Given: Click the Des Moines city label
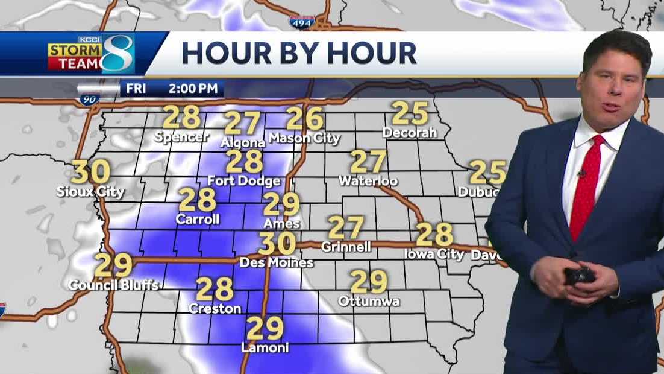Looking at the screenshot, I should [277, 262].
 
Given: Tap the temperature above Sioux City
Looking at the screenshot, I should [91, 172].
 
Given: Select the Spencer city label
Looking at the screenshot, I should [181, 137].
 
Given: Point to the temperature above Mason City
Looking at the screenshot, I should [305, 118].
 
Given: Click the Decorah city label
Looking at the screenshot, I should [409, 132].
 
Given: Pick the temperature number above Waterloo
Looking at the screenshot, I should [368, 162].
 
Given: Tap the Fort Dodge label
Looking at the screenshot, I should [244, 180].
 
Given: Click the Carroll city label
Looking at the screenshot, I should [198, 219].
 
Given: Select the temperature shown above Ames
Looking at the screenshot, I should [281, 204].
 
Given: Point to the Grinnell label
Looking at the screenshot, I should [346, 247].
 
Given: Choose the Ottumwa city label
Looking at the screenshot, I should [369, 300].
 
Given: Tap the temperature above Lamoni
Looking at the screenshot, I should [265, 329].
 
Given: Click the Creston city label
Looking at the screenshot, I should [215, 308].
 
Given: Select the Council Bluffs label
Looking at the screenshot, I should [113, 284].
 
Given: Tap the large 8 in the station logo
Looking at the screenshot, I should [117, 54].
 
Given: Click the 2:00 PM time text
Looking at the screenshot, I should [193, 89].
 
